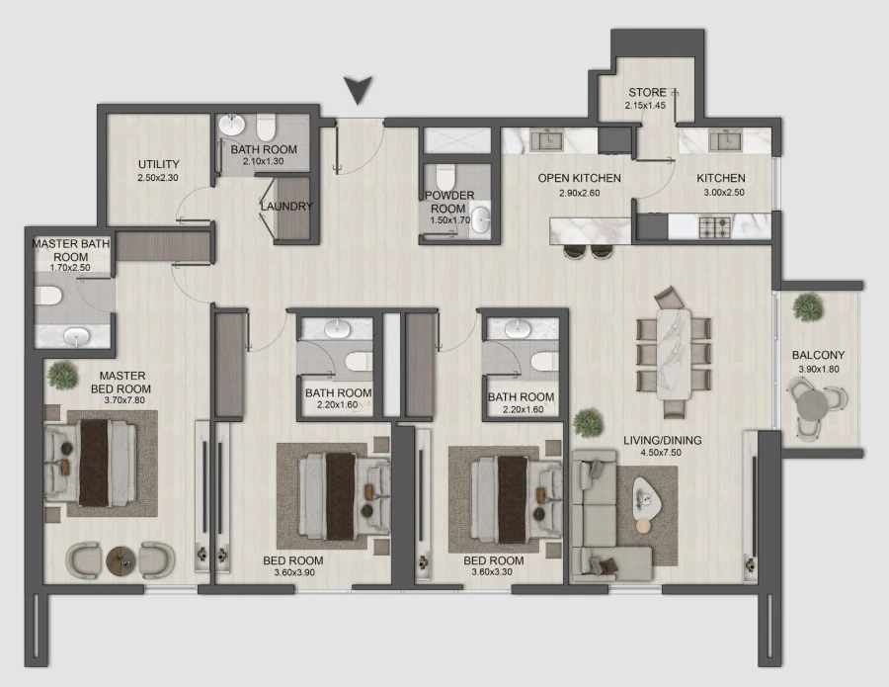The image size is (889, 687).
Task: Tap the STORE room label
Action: point(646,93)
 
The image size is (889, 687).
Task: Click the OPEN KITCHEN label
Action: point(579,178)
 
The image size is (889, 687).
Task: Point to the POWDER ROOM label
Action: point(450,202)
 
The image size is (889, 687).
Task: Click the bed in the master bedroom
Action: point(96,465)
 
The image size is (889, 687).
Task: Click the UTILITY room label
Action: point(157,164)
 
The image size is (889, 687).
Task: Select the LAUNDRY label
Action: point(286,207)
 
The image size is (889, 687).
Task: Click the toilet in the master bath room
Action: point(49,295)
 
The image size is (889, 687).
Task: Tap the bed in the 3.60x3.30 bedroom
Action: point(507,492)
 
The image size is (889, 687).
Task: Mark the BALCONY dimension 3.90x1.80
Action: point(818,370)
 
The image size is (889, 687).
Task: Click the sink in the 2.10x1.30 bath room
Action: point(232,127)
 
